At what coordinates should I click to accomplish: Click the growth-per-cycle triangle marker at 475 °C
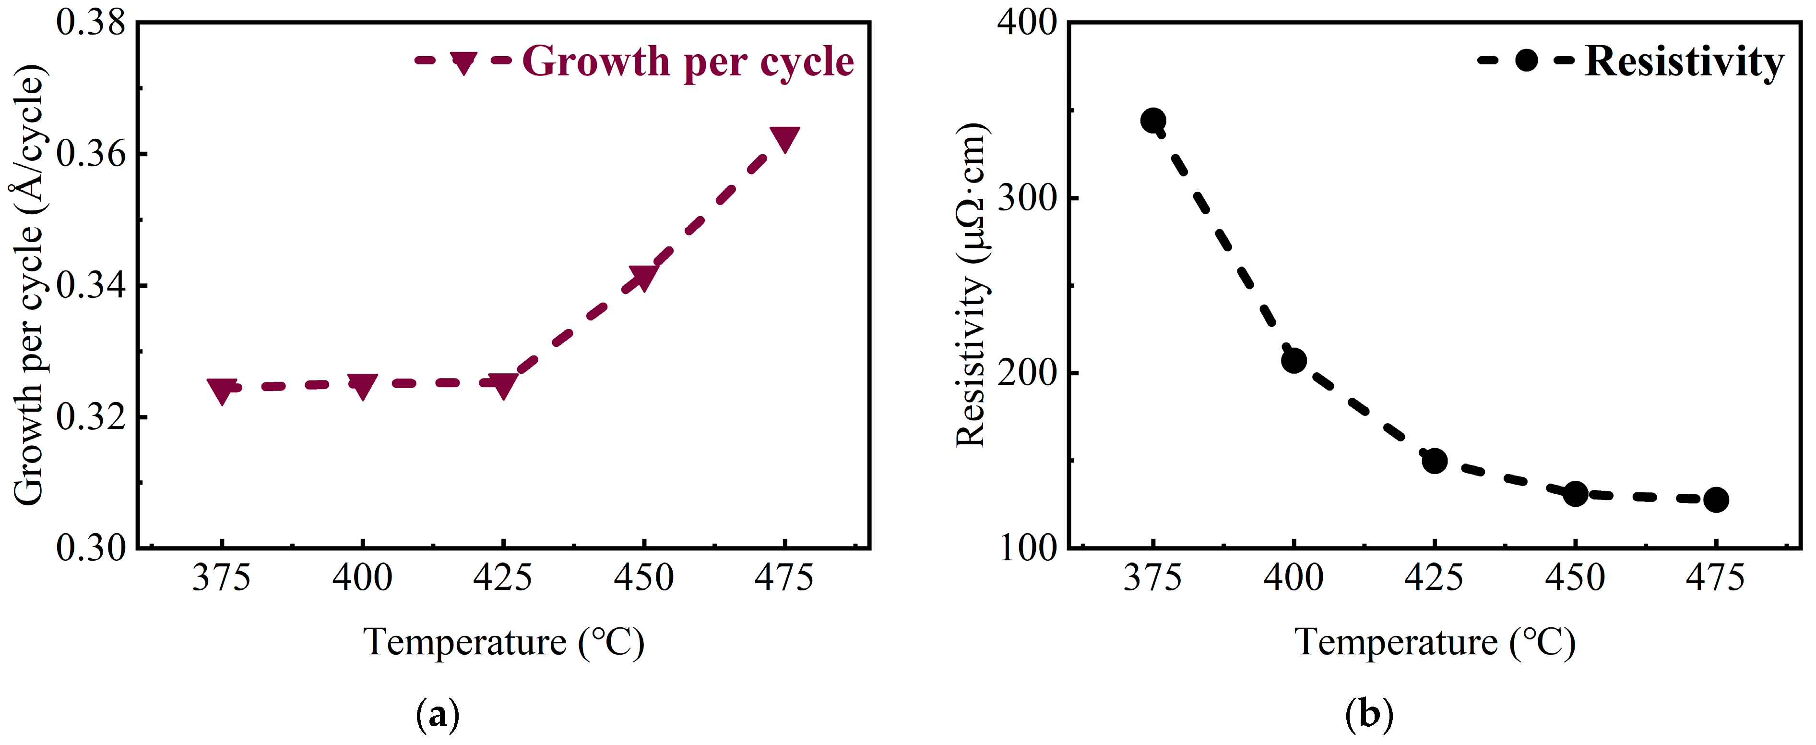pyautogui.click(x=784, y=138)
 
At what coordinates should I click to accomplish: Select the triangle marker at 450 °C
pyautogui.click(x=643, y=277)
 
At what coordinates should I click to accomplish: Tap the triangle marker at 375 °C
pyautogui.click(x=222, y=390)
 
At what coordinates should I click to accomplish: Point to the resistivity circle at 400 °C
pyautogui.click(x=1294, y=361)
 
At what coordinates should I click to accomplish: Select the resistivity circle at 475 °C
pyautogui.click(x=1716, y=500)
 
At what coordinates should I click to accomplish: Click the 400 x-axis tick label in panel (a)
pyautogui.click(x=362, y=578)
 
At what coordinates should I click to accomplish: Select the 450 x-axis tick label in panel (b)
pyautogui.click(x=1575, y=578)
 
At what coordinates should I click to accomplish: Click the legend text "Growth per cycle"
pyautogui.click(x=688, y=62)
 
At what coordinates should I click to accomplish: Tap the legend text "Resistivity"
pyautogui.click(x=1684, y=62)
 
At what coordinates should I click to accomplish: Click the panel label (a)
pyautogui.click(x=438, y=715)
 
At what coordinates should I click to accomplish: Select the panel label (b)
pyautogui.click(x=1369, y=715)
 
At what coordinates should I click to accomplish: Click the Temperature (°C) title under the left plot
pyautogui.click(x=503, y=643)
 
